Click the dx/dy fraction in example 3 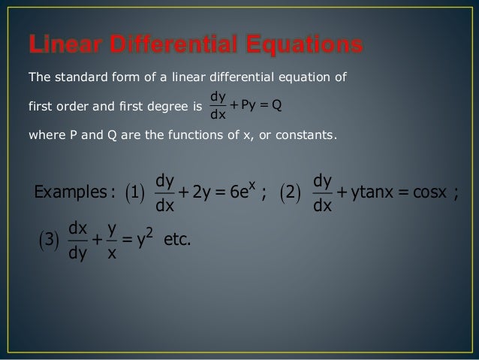click(x=77, y=244)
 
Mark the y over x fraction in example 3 click(x=112, y=244)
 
